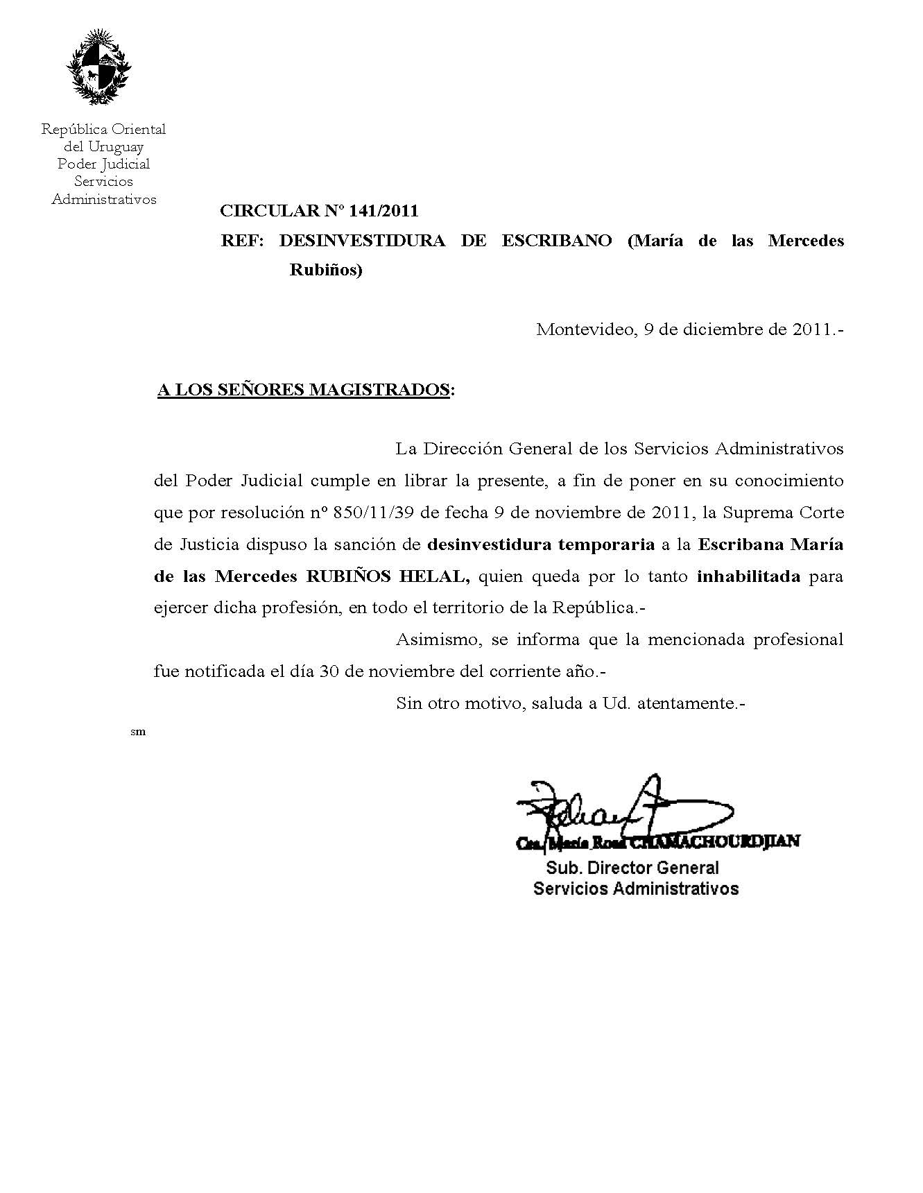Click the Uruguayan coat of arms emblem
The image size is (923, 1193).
[98, 67]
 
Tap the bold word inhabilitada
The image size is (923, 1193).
[749, 576]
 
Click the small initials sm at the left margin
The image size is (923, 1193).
[138, 732]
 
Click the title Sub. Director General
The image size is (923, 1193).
[632, 868]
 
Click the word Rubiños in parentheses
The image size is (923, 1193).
[325, 271]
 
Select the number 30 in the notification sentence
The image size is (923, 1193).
[329, 672]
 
